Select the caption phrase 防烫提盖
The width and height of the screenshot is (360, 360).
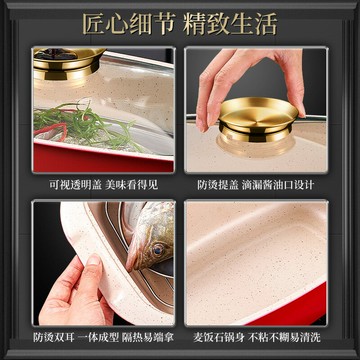click(218, 185)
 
